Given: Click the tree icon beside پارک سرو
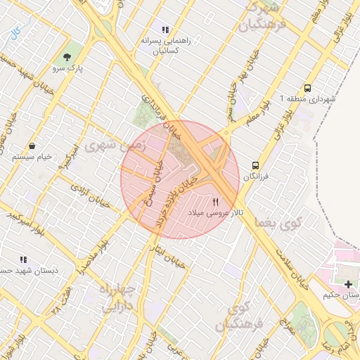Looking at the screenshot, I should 67,57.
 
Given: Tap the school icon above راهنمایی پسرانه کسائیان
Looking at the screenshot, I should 165,30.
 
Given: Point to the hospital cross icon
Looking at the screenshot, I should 349,283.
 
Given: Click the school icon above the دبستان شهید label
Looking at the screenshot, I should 23,259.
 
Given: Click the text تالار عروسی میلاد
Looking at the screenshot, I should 219,212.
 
